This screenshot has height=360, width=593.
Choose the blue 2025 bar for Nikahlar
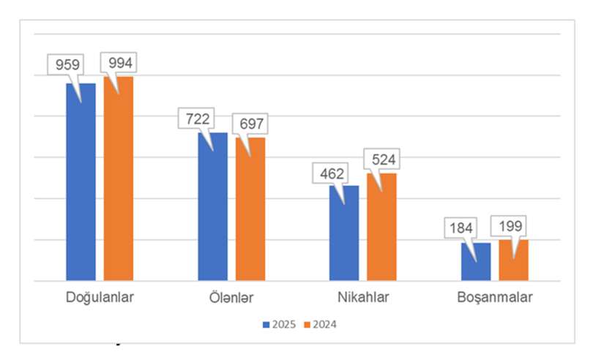tap(344, 234)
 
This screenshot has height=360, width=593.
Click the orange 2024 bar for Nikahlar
tap(381, 228)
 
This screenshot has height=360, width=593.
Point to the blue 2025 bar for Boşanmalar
tap(476, 262)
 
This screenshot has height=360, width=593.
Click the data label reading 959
tap(64, 64)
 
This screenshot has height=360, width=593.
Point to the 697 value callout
tap(250, 123)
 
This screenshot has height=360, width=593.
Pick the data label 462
tap(327, 174)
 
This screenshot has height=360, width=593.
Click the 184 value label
tap(459, 227)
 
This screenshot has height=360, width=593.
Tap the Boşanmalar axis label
tap(494, 299)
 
